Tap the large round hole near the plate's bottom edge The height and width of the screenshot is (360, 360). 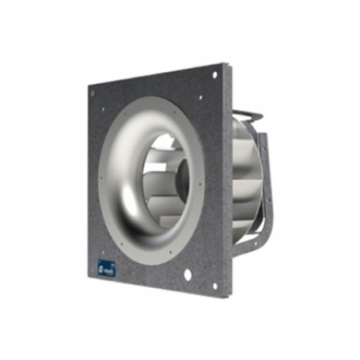click(188, 276)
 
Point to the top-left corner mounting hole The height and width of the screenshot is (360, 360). click(93, 93)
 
